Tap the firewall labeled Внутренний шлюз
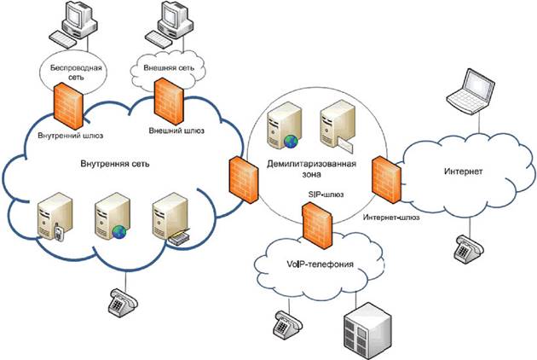(66, 105)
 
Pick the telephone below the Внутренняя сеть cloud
(123, 302)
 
